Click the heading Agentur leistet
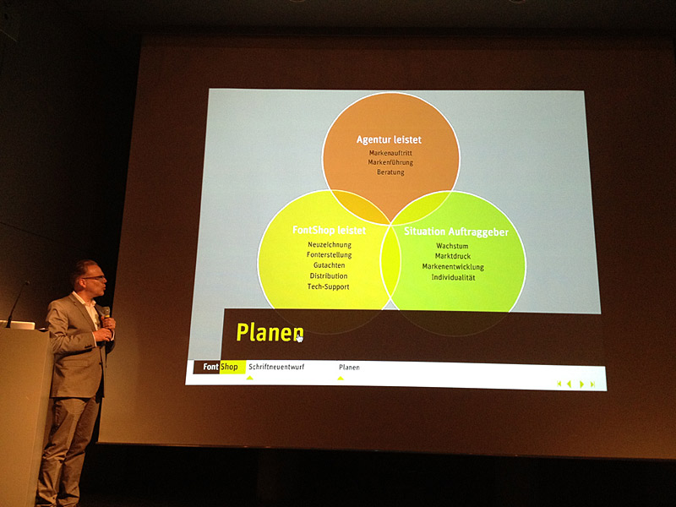(389, 139)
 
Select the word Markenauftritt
(390, 153)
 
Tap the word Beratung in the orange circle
(390, 172)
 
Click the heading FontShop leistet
(329, 230)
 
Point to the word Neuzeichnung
(330, 245)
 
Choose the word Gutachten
(329, 265)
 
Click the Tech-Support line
(329, 286)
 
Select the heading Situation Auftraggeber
(456, 232)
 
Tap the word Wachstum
(452, 246)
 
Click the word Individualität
(453, 277)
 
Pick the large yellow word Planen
(270, 332)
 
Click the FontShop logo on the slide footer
(220, 367)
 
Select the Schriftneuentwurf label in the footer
(276, 367)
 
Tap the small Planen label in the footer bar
(349, 368)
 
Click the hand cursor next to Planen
(300, 339)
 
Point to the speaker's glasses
(95, 278)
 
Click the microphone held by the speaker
(106, 319)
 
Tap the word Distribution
(329, 276)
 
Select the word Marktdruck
(453, 256)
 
